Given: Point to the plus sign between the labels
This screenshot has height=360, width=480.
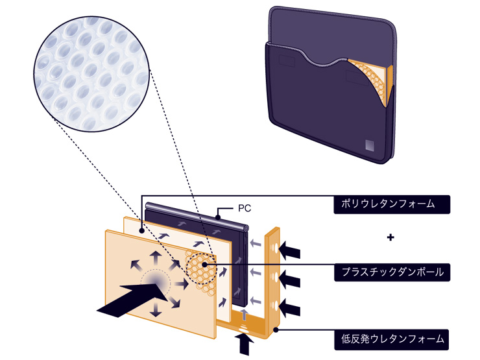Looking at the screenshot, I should click(390, 237).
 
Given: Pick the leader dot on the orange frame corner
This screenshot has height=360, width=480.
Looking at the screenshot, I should click(275, 330).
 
